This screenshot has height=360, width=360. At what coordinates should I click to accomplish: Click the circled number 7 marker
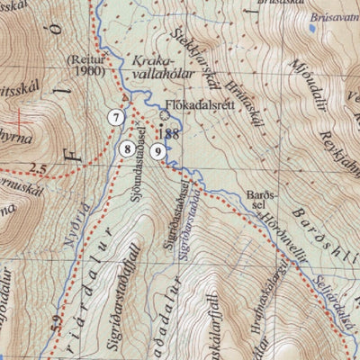[x=114, y=117]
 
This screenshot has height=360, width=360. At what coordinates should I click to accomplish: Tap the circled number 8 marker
[x=129, y=148]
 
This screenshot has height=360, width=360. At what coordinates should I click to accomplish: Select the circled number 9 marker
[x=158, y=151]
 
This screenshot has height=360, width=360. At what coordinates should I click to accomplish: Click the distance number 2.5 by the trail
[x=36, y=166]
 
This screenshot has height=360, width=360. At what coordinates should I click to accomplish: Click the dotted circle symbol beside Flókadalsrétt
[x=164, y=114]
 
